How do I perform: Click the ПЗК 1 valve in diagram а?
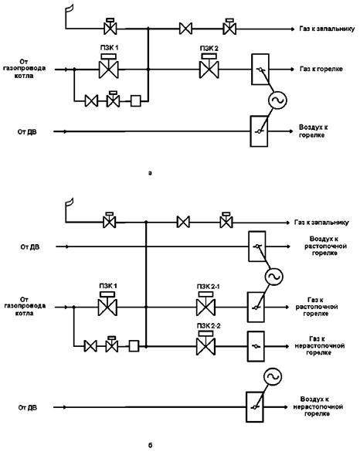[x=109, y=66]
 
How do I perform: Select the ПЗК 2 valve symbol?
[x=209, y=66]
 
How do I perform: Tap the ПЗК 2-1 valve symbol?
[x=205, y=304]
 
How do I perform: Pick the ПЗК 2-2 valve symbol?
[x=205, y=343]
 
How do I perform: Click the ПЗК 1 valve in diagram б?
[x=107, y=304]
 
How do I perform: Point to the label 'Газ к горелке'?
[x=321, y=69]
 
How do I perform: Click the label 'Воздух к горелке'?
[x=313, y=131]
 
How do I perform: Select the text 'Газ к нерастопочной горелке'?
[x=320, y=345]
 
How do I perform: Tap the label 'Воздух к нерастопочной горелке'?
[x=318, y=406]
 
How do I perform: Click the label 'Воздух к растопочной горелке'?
[x=325, y=246]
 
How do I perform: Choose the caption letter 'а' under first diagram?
[x=150, y=173]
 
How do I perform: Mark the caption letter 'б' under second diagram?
[x=150, y=445]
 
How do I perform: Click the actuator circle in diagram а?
[x=277, y=100]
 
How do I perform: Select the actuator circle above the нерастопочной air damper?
[x=273, y=377]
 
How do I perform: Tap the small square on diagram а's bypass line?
[x=136, y=101]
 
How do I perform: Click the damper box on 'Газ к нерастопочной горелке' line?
[x=256, y=346]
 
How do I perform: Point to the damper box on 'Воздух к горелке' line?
[x=259, y=131]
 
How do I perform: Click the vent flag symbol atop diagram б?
[x=70, y=203]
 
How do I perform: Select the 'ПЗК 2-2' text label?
[x=209, y=326]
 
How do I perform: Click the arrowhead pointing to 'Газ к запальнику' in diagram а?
[x=292, y=29]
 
